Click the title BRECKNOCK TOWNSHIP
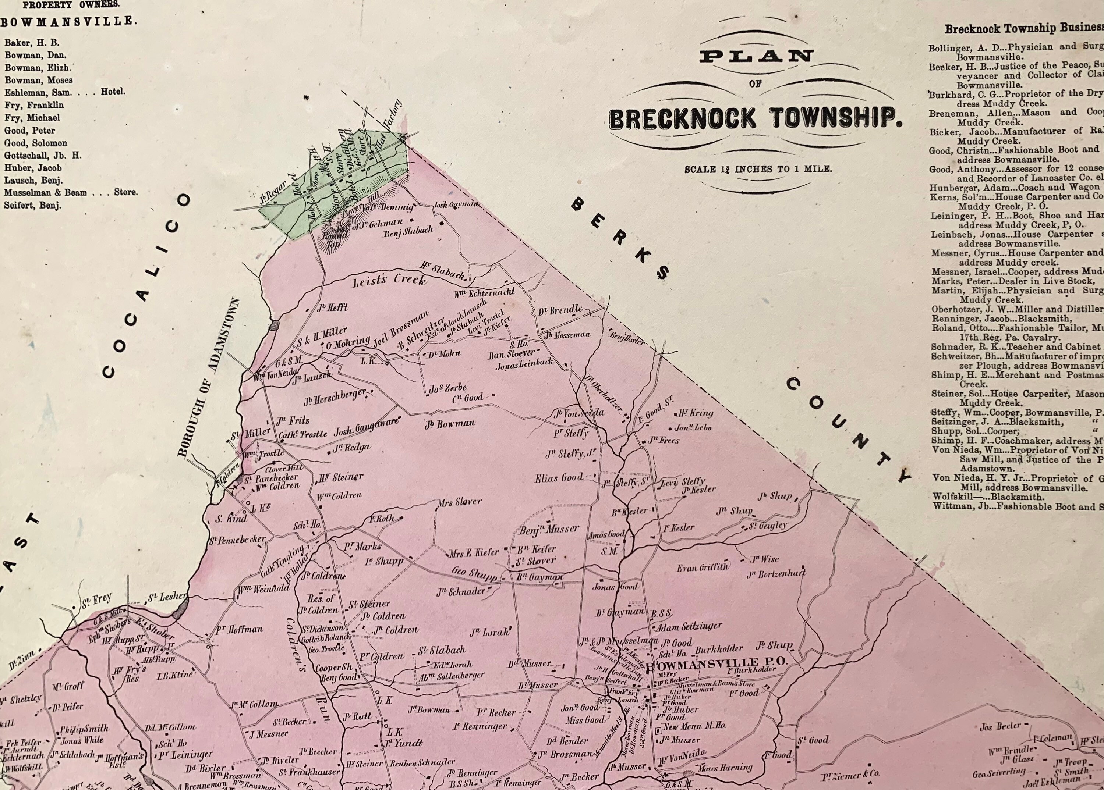(754, 119)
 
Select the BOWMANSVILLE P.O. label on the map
(715, 662)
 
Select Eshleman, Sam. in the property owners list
(38, 92)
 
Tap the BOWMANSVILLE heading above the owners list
(68, 21)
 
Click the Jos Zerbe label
(447, 388)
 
